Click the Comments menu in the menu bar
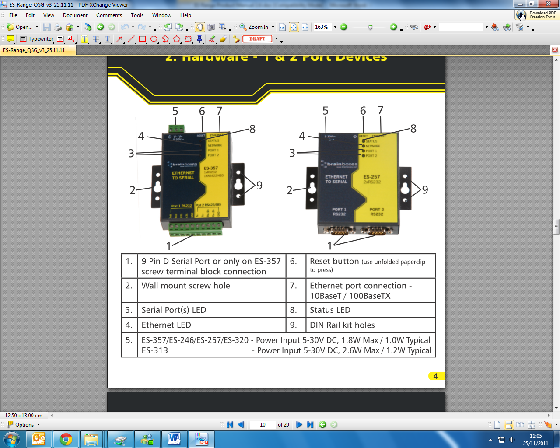tap(109, 15)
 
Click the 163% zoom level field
tap(322, 27)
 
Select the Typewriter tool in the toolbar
tap(37, 39)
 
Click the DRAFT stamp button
tap(257, 39)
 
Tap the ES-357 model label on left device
tap(211, 168)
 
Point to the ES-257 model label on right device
tap(371, 177)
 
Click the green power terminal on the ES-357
tap(177, 129)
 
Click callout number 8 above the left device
tap(252, 129)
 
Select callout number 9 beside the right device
tap(425, 189)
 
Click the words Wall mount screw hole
tap(185, 286)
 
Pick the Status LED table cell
tap(330, 310)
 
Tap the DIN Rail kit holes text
tap(342, 325)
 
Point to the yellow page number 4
tap(435, 376)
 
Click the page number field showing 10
tap(262, 424)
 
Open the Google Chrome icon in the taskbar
tap(66, 439)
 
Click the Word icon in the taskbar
tap(174, 439)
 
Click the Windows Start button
tap(12, 439)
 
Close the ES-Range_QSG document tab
tap(72, 47)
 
